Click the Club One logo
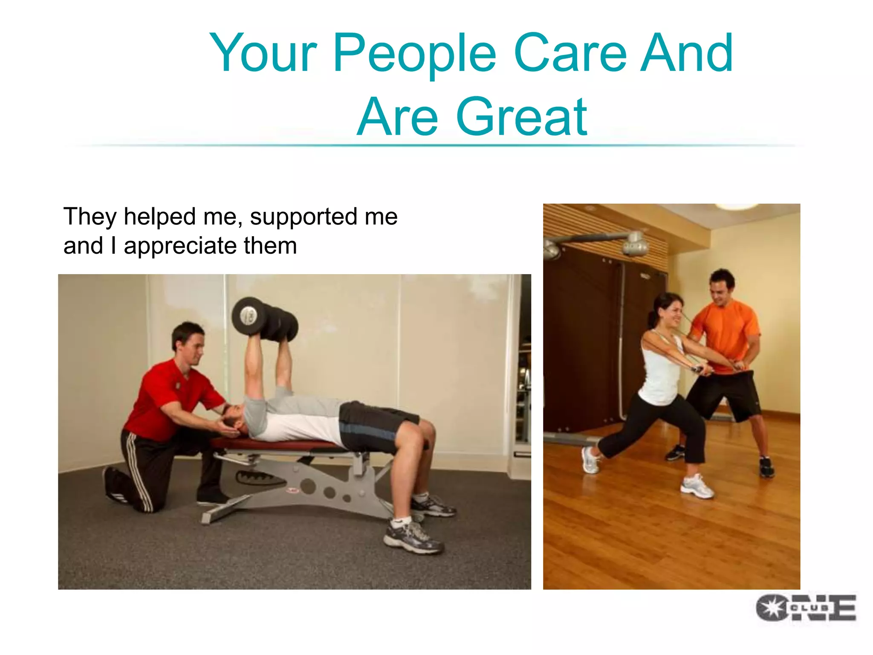pyautogui.click(x=805, y=607)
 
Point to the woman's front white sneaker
pyautogui.click(x=697, y=487)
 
